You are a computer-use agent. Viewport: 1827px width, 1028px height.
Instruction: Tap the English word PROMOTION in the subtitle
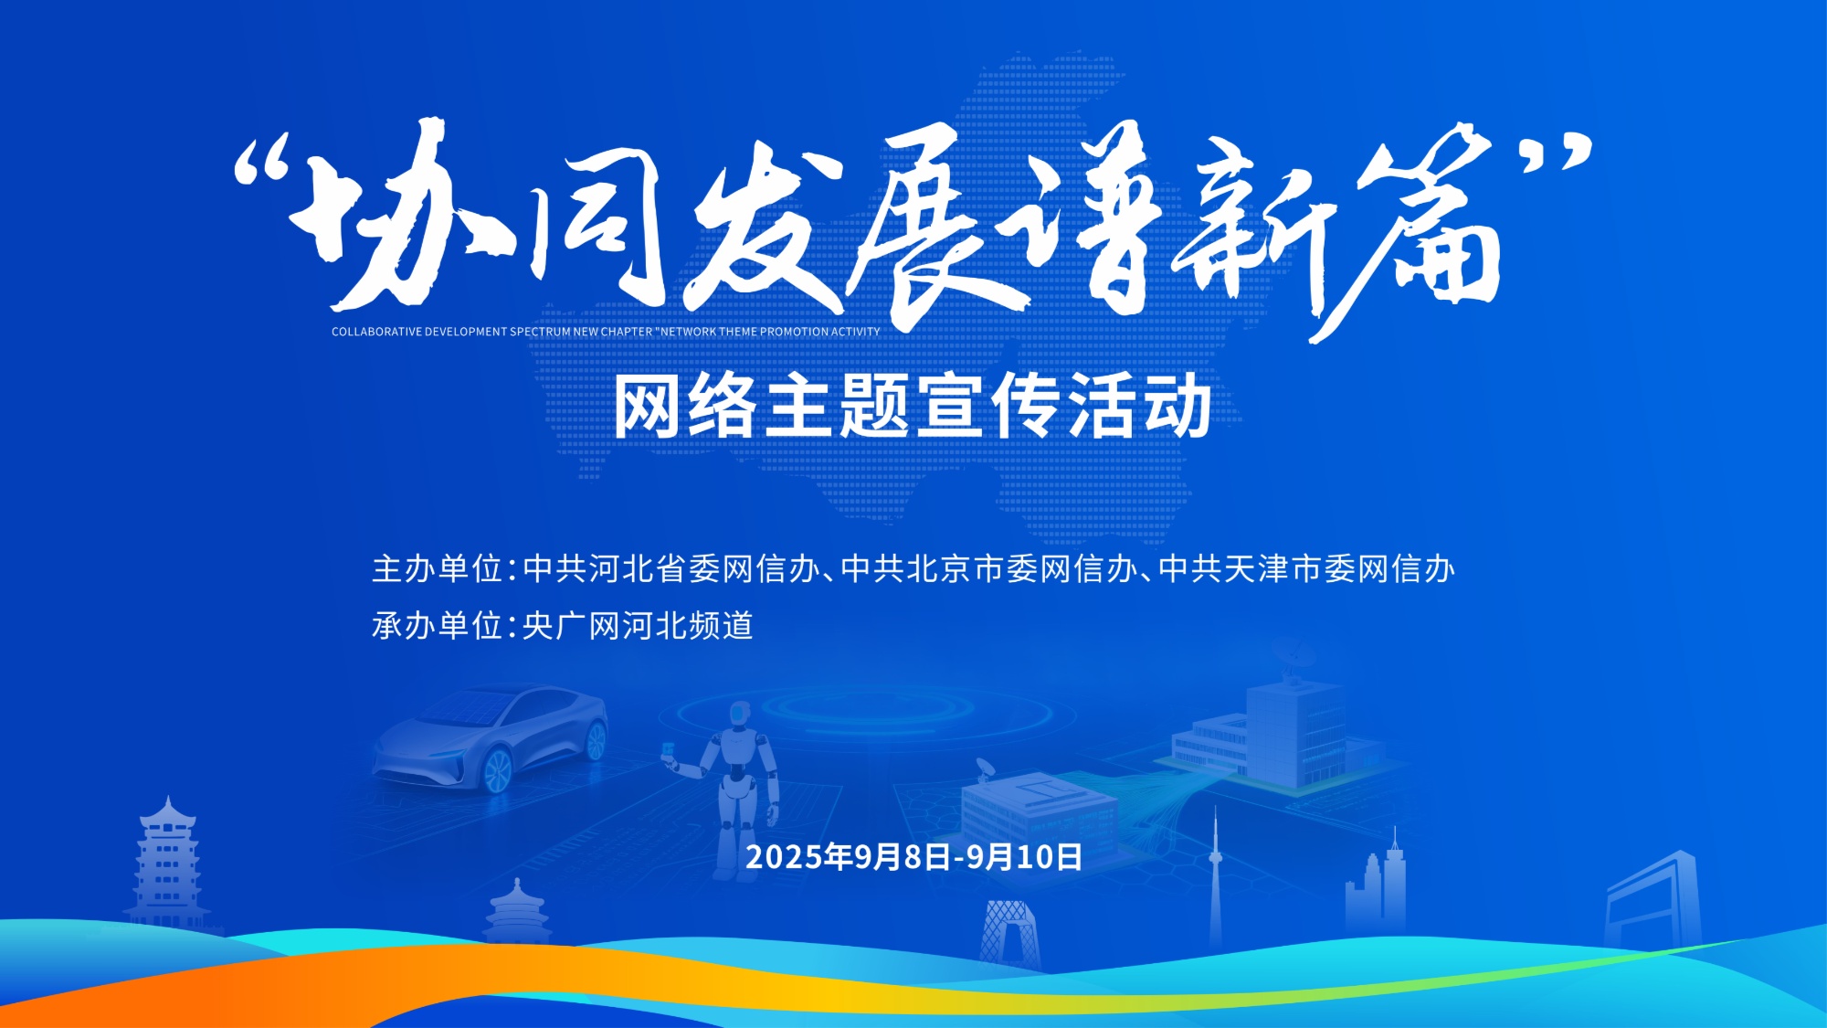click(x=794, y=332)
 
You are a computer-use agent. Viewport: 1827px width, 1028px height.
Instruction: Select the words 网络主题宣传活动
click(x=913, y=407)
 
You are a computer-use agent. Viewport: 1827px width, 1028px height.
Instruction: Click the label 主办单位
click(x=438, y=569)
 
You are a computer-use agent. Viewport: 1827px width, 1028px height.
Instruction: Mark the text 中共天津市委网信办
click(x=1307, y=569)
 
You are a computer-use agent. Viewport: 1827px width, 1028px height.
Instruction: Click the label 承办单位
click(x=438, y=626)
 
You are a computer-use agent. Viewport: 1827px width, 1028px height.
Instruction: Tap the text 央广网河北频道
click(x=638, y=626)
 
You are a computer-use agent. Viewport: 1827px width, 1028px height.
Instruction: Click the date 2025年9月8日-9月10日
click(x=913, y=857)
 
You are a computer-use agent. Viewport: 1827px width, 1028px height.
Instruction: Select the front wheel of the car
click(x=497, y=770)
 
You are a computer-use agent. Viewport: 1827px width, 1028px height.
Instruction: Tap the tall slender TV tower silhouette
click(x=1215, y=877)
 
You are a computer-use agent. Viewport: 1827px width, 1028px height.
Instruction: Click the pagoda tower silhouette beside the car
click(x=166, y=864)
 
